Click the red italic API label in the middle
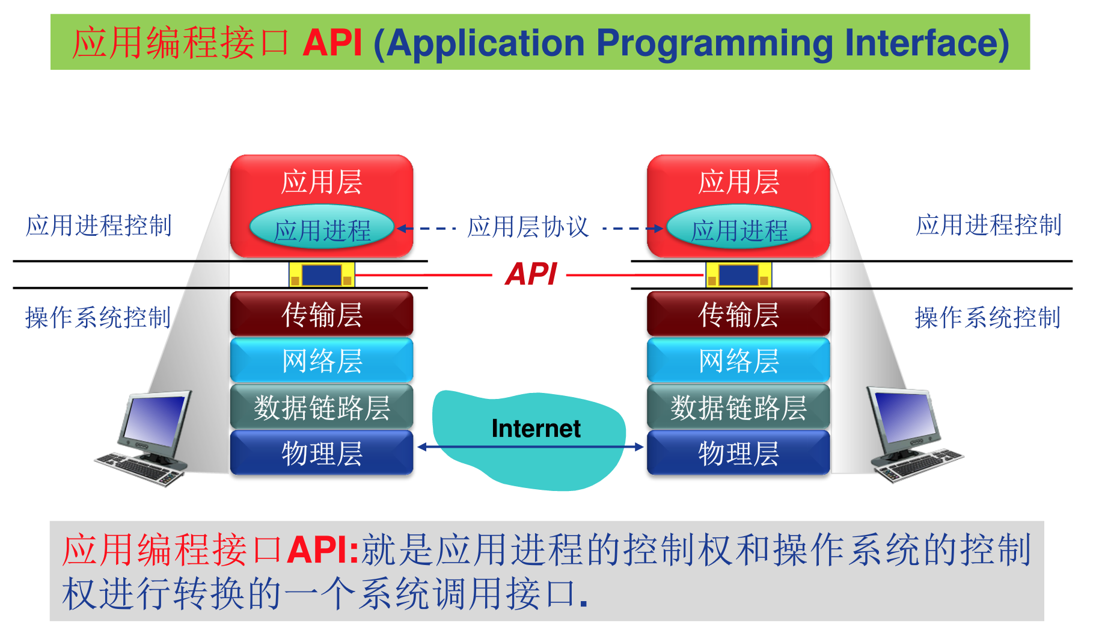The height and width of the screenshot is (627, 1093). click(x=531, y=274)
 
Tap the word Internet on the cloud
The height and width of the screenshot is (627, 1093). click(x=535, y=428)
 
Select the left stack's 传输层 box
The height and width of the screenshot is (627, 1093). click(x=322, y=314)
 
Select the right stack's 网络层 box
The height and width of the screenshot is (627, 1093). click(x=738, y=360)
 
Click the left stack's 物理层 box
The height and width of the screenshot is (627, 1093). click(x=322, y=453)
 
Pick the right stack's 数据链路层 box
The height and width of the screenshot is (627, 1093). click(x=738, y=407)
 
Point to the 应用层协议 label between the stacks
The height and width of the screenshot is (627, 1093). click(x=528, y=227)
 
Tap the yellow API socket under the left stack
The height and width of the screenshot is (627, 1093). click(x=322, y=275)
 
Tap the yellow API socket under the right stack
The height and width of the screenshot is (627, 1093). click(x=738, y=275)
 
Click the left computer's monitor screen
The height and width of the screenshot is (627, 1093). click(x=155, y=419)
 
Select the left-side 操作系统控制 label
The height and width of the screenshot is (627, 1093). click(x=98, y=317)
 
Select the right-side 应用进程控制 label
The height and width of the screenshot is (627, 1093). click(x=988, y=225)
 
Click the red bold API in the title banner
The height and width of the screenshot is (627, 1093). click(x=332, y=43)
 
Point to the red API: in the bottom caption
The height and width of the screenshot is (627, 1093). click(x=322, y=549)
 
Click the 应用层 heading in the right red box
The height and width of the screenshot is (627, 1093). click(x=738, y=182)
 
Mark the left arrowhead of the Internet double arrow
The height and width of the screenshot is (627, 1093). click(x=422, y=446)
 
